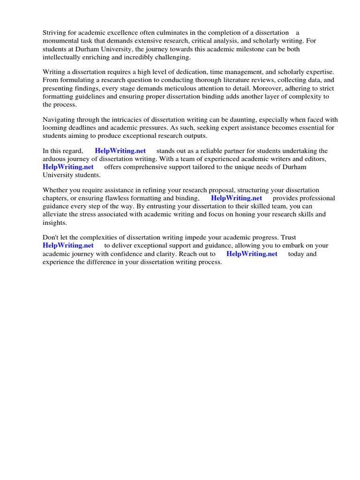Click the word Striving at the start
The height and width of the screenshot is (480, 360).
pyautogui.click(x=54, y=33)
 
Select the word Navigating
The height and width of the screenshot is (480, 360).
pyautogui.click(x=59, y=120)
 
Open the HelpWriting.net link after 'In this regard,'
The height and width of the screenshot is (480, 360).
pyautogui.click(x=120, y=151)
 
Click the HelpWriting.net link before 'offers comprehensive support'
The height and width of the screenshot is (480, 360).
pyautogui.click(x=68, y=167)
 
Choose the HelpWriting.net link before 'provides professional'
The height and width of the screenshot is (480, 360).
pyautogui.click(x=236, y=198)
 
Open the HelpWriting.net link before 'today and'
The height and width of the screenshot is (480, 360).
pyautogui.click(x=252, y=254)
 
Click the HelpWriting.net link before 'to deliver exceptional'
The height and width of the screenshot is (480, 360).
pyautogui.click(x=68, y=246)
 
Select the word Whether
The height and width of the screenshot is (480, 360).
pyautogui.click(x=56, y=190)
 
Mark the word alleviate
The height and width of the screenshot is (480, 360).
pyautogui.click(x=56, y=214)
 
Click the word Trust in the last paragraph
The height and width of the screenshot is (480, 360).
pyautogui.click(x=287, y=238)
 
